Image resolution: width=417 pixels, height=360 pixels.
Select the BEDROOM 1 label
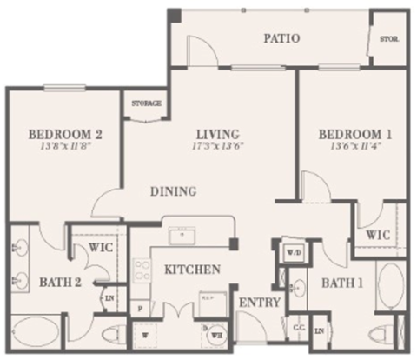click(349, 135)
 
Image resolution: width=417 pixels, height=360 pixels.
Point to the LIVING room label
click(217, 134)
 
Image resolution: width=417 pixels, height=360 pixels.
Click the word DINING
click(172, 191)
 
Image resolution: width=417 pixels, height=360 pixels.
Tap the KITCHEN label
click(191, 270)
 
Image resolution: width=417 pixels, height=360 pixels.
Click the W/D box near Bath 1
click(293, 253)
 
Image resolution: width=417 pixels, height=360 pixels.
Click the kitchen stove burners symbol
click(141, 270)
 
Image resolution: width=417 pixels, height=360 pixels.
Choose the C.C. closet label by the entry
click(297, 327)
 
